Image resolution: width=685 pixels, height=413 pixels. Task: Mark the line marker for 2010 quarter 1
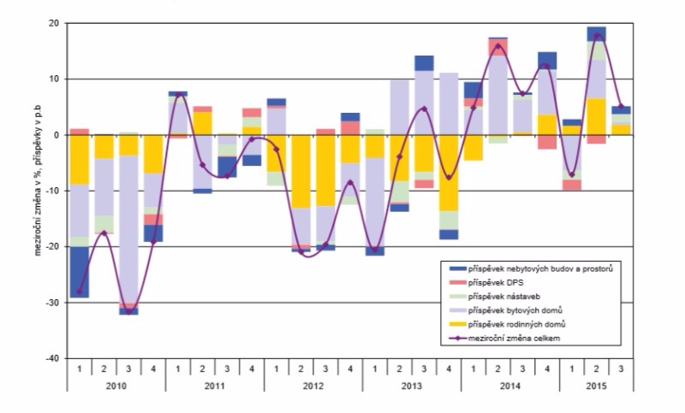(x=79, y=292)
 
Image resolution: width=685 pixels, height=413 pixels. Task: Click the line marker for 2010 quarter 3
(x=128, y=311)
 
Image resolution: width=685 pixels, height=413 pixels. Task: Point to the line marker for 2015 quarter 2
(x=597, y=36)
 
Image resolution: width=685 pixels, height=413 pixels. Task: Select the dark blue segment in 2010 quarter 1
(x=79, y=272)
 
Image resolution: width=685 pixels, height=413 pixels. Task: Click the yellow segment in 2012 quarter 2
(x=301, y=171)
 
